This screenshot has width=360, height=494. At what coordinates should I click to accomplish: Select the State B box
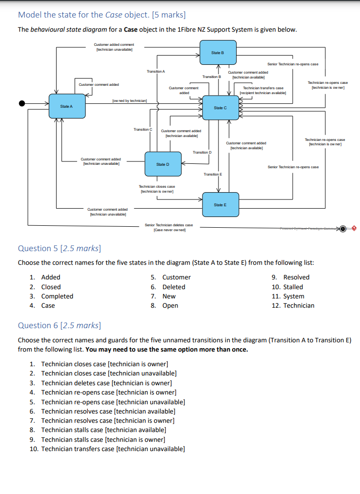tap(217, 53)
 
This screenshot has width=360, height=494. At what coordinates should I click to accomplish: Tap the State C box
tap(220, 107)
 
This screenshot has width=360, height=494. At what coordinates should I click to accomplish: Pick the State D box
tap(162, 164)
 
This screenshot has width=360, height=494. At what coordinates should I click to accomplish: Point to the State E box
tap(220, 205)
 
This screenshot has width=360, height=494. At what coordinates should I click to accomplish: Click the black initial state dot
tap(22, 103)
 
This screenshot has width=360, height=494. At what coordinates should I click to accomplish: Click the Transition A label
tap(156, 72)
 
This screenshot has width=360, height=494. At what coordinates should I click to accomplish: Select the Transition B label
tap(212, 77)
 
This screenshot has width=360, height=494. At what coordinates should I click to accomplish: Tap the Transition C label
tap(143, 129)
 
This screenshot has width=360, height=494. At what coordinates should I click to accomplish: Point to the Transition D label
tap(202, 153)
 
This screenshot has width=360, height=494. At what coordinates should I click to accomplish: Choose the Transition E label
tap(213, 174)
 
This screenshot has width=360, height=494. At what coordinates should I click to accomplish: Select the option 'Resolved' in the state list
tap(296, 277)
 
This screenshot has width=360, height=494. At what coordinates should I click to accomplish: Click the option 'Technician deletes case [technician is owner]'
tap(106, 383)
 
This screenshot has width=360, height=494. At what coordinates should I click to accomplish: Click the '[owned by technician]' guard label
tap(130, 101)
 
